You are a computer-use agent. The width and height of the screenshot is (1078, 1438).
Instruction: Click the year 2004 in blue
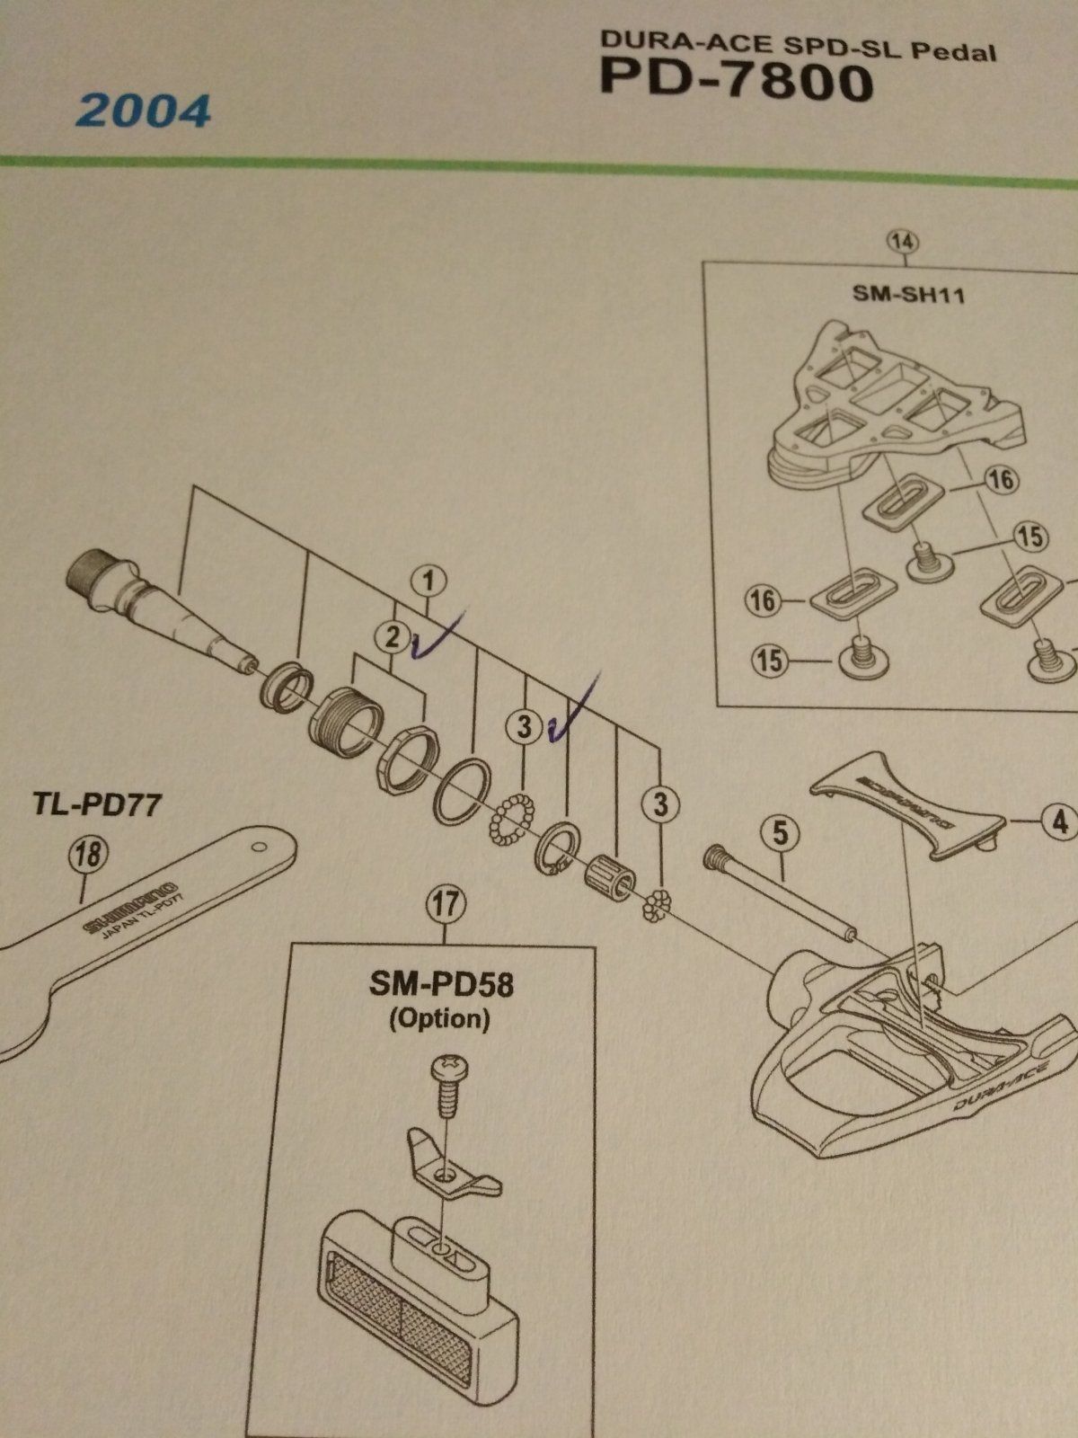coord(144,111)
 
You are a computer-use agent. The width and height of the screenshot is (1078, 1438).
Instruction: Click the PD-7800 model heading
coord(737,82)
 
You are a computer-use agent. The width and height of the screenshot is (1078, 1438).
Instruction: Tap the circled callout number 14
coord(903,241)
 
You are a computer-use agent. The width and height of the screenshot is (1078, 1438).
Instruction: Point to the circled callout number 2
coord(393,637)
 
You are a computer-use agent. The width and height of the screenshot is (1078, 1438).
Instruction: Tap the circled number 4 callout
coord(1060,821)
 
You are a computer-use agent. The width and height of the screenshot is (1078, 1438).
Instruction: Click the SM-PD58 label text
coord(441,985)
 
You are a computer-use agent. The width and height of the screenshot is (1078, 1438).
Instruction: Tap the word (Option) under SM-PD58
coord(439,1018)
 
